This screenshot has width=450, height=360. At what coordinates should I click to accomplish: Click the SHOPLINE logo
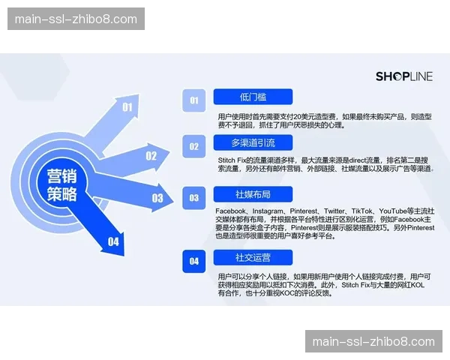click(403, 76)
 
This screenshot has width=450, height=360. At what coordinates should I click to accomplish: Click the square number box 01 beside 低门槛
click(194, 100)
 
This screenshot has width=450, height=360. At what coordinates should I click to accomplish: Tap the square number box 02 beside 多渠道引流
click(194, 146)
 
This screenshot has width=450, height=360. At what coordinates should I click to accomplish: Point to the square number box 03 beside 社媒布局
click(194, 198)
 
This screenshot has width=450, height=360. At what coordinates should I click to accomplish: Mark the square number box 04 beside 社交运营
click(194, 261)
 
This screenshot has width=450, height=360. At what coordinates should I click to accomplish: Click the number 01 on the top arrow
click(127, 107)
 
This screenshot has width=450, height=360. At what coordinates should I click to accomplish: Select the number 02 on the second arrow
click(151, 156)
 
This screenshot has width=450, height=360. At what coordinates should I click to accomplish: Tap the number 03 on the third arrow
click(157, 198)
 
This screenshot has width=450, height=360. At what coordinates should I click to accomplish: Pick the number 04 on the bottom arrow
click(113, 241)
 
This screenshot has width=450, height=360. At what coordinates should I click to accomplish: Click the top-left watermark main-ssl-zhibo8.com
click(76, 19)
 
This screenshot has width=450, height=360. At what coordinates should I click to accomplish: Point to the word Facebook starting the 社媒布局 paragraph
click(230, 212)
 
